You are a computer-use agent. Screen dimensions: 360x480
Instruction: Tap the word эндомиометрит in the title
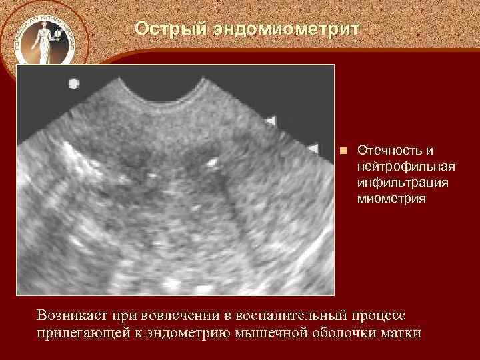287,29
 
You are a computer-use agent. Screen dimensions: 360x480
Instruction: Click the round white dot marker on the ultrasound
73,83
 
